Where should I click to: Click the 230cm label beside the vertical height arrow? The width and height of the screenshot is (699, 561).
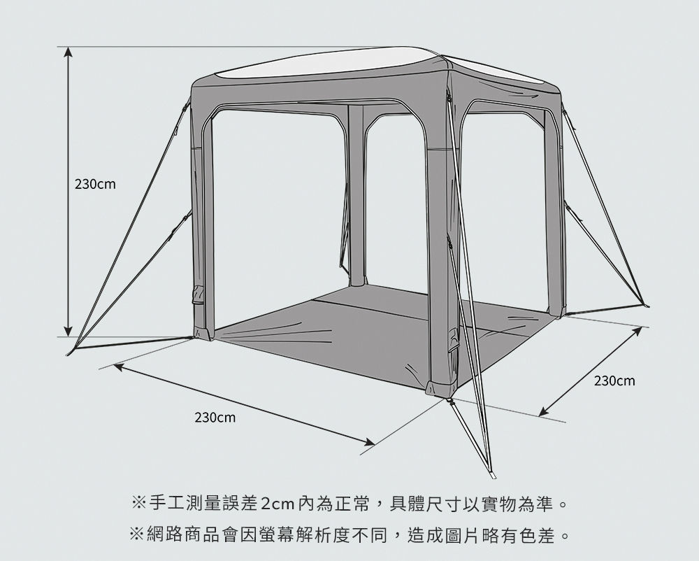point(95,185)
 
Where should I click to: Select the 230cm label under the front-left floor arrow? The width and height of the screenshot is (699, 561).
point(215,418)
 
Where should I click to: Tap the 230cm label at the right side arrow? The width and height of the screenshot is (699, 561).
point(614,381)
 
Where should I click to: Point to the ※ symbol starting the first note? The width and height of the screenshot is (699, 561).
point(138,503)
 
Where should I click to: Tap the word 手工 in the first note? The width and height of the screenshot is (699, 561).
point(165,503)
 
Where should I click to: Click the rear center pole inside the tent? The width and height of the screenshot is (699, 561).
point(356,196)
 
